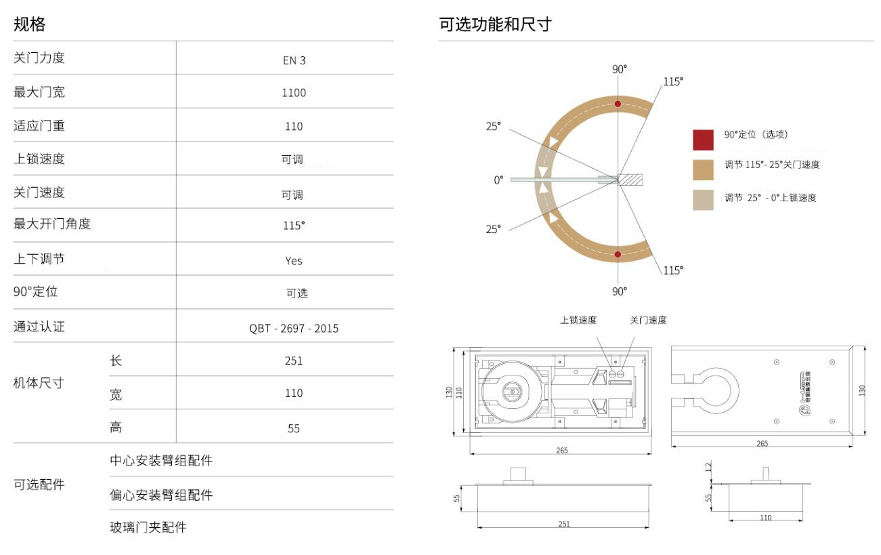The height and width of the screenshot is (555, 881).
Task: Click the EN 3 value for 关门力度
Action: point(294,60)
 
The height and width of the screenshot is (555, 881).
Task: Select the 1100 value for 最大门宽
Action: point(294,93)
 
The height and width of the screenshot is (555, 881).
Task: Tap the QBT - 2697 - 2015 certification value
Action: point(294,329)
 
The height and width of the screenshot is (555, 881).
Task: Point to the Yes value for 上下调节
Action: point(294,261)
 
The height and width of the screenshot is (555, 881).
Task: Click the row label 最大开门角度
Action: point(52,224)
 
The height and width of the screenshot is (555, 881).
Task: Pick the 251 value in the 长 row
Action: point(294,361)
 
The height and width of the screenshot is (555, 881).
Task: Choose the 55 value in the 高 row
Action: point(294,428)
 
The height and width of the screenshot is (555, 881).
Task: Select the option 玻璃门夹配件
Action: point(148,527)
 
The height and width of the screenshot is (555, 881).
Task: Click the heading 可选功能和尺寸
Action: point(495,25)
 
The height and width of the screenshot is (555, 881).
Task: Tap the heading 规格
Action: point(30,25)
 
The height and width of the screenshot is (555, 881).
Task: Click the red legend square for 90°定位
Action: point(703,140)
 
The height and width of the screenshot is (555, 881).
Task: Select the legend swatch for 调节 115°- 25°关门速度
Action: point(703,169)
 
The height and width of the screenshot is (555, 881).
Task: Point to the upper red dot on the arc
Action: point(618,104)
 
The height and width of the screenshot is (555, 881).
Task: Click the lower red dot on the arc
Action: point(618,255)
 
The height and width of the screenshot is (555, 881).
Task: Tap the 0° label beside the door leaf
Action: point(498,180)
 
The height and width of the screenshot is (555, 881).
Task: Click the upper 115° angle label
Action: point(672,81)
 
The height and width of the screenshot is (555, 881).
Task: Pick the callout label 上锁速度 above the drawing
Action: point(578,320)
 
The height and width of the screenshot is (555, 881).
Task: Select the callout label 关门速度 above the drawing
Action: point(648,320)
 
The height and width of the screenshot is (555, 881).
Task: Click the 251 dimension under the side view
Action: point(564,524)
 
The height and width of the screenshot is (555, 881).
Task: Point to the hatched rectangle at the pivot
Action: point(630,180)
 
